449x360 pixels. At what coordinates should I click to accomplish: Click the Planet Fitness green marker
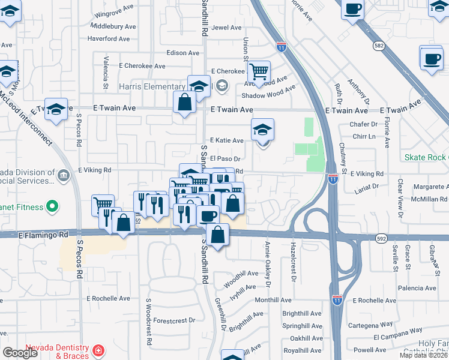(52, 207)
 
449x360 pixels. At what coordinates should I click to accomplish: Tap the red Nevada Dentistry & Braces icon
(97, 350)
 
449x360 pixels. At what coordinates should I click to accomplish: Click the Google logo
(20, 352)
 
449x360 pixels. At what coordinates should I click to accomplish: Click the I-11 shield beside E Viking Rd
(333, 178)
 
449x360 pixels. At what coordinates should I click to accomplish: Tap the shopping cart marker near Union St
(258, 73)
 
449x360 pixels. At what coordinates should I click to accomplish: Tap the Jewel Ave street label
(226, 28)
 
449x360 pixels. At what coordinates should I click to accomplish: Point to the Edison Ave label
(183, 53)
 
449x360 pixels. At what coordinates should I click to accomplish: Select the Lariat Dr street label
(367, 187)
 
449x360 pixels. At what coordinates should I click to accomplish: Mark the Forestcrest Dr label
(175, 320)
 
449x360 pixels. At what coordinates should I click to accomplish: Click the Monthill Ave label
(273, 300)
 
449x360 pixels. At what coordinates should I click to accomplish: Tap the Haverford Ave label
(109, 39)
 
